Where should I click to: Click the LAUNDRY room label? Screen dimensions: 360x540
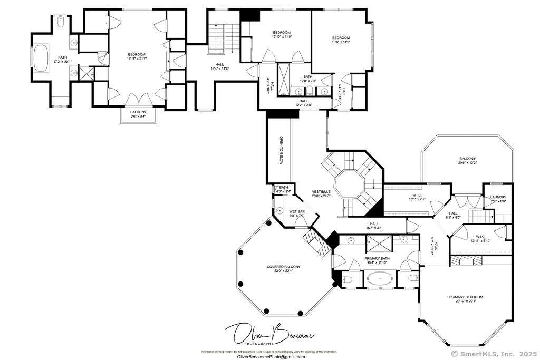pyautogui.click(x=498, y=198)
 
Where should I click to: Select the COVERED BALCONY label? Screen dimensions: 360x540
pyautogui.click(x=284, y=269)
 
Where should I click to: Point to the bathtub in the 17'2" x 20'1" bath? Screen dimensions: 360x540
pyautogui.click(x=41, y=58)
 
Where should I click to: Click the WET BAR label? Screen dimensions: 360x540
pyautogui.click(x=297, y=212)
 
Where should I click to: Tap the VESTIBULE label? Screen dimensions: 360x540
pyautogui.click(x=321, y=193)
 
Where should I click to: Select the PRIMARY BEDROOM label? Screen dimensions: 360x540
pyautogui.click(x=466, y=298)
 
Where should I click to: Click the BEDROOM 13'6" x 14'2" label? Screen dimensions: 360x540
pyautogui.click(x=341, y=40)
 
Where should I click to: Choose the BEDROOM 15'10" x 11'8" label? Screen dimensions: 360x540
pyautogui.click(x=282, y=35)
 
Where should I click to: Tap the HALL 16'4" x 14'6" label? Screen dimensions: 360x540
pyautogui.click(x=219, y=66)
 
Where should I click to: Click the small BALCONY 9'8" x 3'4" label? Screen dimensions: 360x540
pyautogui.click(x=138, y=114)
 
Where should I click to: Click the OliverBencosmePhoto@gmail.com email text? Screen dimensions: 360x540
pyautogui.click(x=268, y=357)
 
